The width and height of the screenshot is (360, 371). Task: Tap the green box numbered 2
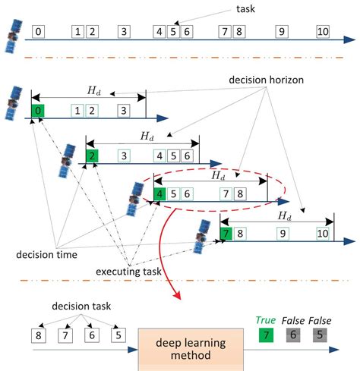point(93,156)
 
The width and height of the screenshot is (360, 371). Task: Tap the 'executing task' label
point(130,271)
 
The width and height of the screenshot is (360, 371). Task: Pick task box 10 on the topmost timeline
point(322,32)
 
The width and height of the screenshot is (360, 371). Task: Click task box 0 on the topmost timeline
point(39,32)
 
